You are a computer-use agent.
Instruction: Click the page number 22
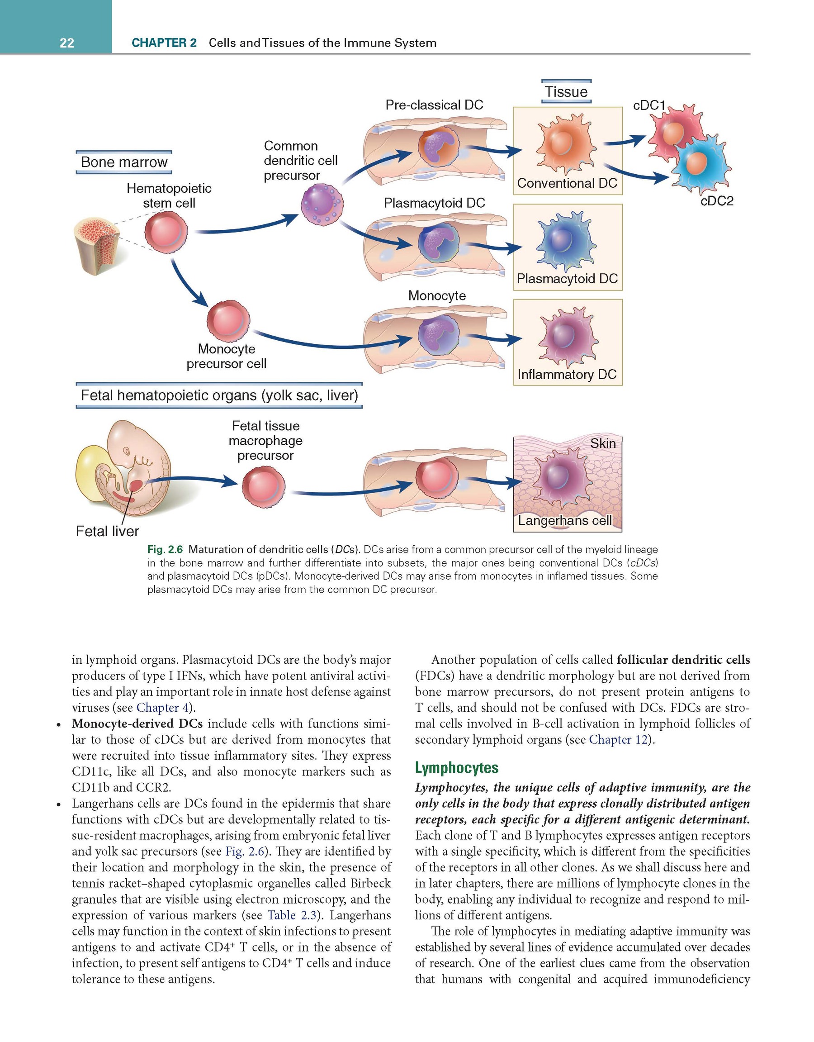tap(67, 43)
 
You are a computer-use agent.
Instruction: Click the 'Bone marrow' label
tap(124, 162)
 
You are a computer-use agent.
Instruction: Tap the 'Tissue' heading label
tap(566, 91)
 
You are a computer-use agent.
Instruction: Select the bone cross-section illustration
tap(98, 246)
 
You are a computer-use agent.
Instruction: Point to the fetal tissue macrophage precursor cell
tap(264, 487)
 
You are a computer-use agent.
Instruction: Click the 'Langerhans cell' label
tap(565, 520)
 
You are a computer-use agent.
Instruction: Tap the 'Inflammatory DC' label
tap(567, 375)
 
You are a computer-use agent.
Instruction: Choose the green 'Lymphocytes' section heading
tap(456, 768)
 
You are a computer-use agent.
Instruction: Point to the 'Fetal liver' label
tap(108, 531)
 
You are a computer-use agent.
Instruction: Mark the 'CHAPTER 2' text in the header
tap(164, 43)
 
